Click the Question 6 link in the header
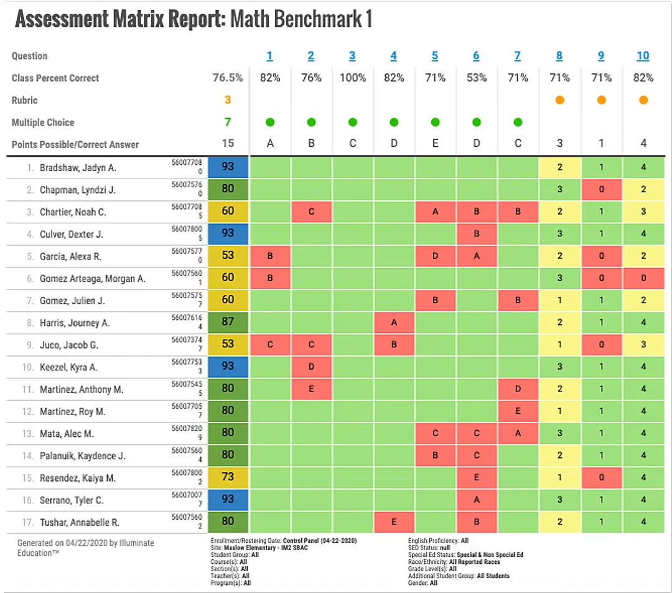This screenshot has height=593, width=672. [476, 56]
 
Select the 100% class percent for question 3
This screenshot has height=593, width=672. [352, 78]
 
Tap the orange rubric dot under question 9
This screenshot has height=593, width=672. [601, 100]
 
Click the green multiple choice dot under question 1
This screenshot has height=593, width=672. [269, 123]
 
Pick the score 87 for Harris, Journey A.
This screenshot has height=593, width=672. [228, 322]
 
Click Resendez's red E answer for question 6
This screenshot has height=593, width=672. [476, 478]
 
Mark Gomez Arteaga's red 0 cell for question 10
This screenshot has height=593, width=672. [643, 278]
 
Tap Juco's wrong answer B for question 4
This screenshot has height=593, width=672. [394, 345]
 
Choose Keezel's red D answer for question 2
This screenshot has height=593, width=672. [311, 367]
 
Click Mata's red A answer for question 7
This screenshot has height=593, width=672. [518, 434]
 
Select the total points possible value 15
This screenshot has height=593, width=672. [228, 144]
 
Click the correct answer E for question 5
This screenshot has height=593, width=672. [435, 144]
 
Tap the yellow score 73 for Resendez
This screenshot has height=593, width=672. [228, 478]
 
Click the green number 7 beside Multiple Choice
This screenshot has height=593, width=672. [228, 123]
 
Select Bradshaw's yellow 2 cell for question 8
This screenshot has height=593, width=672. [559, 167]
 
